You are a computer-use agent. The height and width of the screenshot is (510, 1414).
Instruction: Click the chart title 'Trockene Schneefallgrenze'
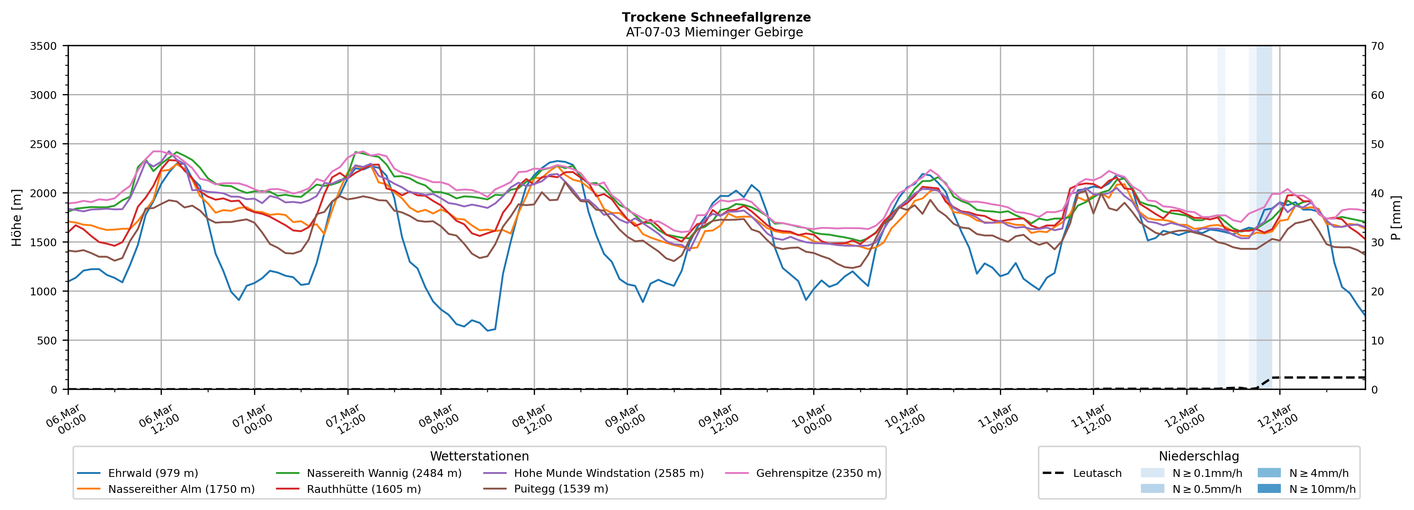pos(716,17)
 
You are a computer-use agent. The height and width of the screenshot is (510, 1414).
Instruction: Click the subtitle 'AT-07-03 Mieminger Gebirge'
pos(714,32)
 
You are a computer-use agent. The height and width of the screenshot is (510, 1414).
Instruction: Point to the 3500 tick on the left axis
pos(44,46)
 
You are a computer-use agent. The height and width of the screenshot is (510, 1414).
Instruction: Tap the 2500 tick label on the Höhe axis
pos(44,144)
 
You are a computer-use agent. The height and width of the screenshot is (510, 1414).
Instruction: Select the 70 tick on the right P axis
pos(1377,46)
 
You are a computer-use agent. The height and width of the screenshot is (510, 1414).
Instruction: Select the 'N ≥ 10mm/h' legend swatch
pos(1269,488)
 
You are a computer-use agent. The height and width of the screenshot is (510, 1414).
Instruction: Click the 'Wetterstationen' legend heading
pos(479,456)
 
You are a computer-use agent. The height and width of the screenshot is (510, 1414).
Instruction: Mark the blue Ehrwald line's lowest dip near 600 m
pos(487,330)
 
